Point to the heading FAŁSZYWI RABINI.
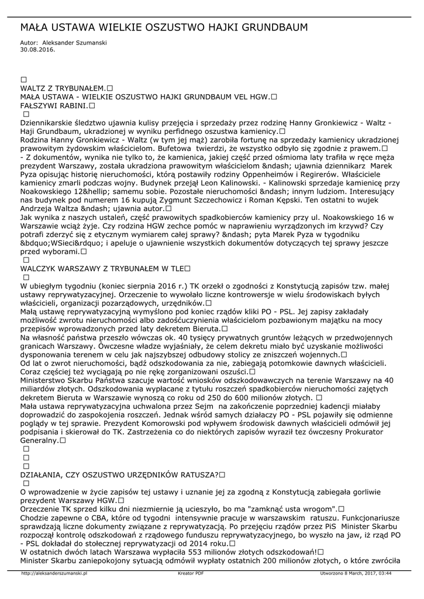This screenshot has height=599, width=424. click(54, 106)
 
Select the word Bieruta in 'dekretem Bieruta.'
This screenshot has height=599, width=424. click(203, 329)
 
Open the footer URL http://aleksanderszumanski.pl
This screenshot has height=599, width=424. click(53, 574)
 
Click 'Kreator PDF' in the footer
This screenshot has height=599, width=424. click(191, 574)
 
